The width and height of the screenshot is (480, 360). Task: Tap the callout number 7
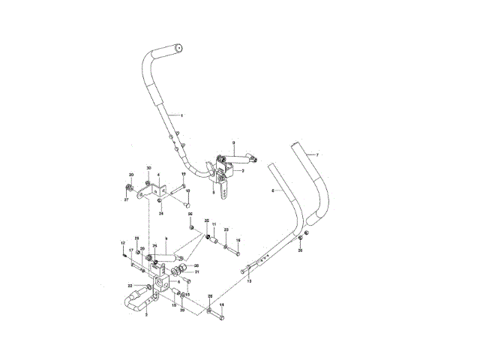317,154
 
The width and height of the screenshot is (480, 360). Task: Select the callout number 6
271,192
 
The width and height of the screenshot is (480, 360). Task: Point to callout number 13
249,280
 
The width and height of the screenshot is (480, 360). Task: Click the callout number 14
221,304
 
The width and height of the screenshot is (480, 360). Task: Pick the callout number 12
121,242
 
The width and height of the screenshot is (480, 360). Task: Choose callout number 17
130,250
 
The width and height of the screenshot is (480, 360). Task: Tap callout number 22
129,286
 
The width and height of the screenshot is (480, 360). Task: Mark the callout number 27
126,199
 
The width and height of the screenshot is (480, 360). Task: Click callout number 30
148,167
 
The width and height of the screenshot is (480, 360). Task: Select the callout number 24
160,213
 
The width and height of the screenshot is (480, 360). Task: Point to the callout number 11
214,224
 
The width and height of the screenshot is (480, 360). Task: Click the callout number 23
226,230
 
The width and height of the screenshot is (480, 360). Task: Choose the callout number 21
196,272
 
